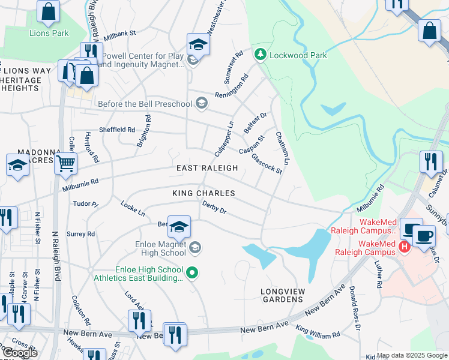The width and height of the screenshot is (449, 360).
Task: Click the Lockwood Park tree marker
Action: click(260, 55)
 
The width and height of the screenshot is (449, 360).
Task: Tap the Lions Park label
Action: click(49, 33)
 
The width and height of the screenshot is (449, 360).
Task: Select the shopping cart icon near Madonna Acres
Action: click(65, 163)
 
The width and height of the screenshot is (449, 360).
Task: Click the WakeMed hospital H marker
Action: click(404, 246)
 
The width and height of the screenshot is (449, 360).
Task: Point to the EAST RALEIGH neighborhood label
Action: click(206, 169)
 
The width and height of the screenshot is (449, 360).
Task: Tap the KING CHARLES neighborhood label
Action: click(203, 193)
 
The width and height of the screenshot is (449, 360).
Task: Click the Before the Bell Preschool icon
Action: click(202, 104)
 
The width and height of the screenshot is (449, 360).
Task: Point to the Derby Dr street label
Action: click(214, 208)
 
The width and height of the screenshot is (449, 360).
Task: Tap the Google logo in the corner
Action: click(20, 353)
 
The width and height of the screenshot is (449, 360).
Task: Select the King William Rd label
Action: click(318, 331)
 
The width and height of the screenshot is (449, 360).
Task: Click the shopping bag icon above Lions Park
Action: click(48, 11)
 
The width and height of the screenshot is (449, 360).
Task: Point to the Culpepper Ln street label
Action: click(224, 139)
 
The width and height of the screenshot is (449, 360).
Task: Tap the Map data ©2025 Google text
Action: click(412, 356)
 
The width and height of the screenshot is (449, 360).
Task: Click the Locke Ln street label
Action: click(133, 208)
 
